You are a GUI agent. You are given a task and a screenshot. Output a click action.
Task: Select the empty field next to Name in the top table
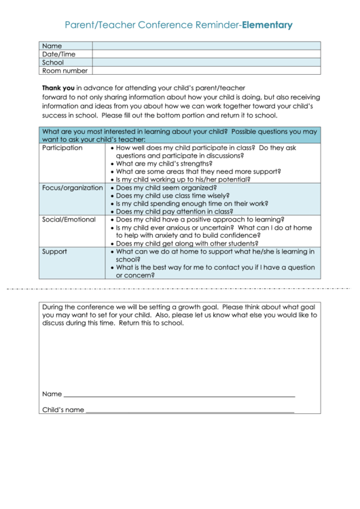[x=206, y=46]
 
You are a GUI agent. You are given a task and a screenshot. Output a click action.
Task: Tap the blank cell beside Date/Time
[x=206, y=54]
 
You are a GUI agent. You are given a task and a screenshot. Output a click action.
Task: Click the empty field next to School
[x=206, y=63]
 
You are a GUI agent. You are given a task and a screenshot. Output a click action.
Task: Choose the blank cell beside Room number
[x=206, y=71]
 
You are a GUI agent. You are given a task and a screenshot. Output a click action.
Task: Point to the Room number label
[x=65, y=71]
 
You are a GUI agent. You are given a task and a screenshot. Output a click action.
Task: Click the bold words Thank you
[x=58, y=88]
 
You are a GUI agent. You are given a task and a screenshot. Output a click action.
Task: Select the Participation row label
[x=62, y=147]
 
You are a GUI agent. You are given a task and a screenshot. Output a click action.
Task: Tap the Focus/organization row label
[x=72, y=188]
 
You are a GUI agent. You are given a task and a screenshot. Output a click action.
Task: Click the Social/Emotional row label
[x=69, y=220]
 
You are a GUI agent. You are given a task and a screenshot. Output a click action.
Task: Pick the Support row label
[x=54, y=251]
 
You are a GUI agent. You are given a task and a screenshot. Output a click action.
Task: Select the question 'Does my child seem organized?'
[x=166, y=188]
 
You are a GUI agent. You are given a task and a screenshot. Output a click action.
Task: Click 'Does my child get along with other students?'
[x=187, y=243]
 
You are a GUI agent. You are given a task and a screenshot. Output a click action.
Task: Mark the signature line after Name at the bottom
[x=179, y=395]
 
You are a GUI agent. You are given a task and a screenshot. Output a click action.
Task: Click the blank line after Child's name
[x=190, y=411]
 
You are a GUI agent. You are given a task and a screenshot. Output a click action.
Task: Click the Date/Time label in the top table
[x=59, y=54]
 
